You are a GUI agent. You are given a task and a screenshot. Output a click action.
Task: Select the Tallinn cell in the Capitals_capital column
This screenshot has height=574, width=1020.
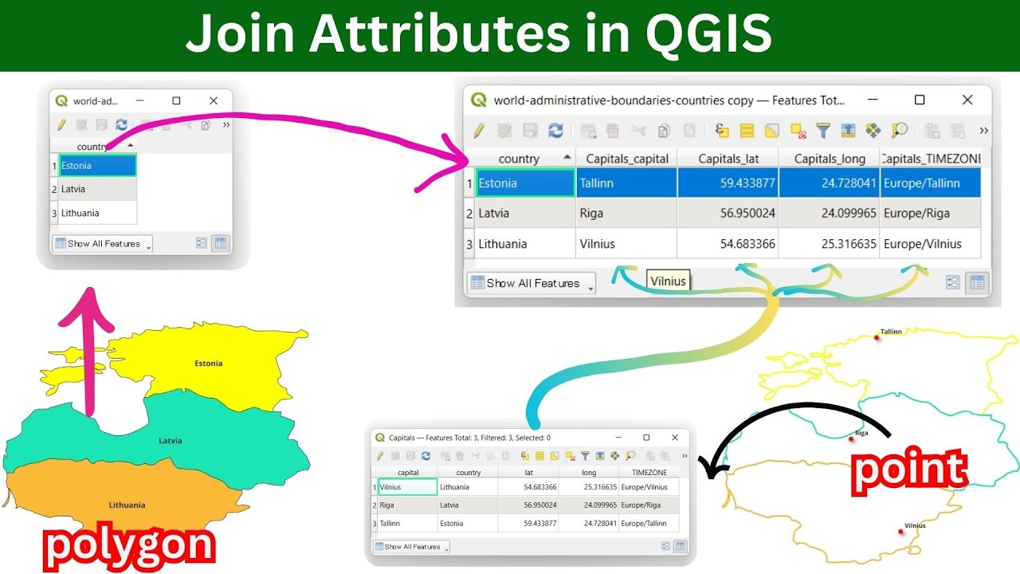[x=626, y=183]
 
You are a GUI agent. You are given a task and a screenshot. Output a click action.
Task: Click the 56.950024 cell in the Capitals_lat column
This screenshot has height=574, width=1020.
[x=728, y=213]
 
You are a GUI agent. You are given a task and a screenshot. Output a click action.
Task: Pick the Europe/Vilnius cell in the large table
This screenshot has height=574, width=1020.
[x=930, y=244]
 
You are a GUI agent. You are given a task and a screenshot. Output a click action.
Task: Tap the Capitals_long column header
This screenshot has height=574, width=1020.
[x=829, y=159]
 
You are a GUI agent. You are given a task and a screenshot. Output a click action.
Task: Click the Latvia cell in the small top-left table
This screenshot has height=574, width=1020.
[x=94, y=189]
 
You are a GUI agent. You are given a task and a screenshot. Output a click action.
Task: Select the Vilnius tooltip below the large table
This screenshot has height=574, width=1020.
[x=668, y=281]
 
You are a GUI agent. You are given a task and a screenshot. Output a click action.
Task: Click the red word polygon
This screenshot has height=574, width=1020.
[x=129, y=546]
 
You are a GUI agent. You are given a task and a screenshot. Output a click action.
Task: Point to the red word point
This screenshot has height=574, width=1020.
[x=909, y=469]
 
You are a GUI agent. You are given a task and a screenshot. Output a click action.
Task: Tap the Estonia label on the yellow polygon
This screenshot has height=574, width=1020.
[x=209, y=364]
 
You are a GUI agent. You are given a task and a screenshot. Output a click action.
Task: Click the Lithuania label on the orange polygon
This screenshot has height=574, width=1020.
[x=127, y=505]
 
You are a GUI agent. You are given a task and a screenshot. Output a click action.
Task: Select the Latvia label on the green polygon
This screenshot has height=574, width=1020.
[x=171, y=440]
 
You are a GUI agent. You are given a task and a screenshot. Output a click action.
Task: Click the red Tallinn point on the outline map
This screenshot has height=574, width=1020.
[x=877, y=337]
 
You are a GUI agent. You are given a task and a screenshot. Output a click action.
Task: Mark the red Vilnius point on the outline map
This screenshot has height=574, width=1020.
[x=901, y=531]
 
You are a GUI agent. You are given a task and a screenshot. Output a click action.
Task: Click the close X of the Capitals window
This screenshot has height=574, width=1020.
[x=675, y=438]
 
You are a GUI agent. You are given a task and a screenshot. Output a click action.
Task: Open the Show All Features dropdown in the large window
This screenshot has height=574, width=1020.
[x=531, y=283]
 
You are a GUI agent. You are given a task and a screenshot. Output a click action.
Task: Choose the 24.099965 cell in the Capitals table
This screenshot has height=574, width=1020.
[x=588, y=505]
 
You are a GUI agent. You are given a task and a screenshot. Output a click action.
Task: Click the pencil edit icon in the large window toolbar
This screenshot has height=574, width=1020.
[x=479, y=130]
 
